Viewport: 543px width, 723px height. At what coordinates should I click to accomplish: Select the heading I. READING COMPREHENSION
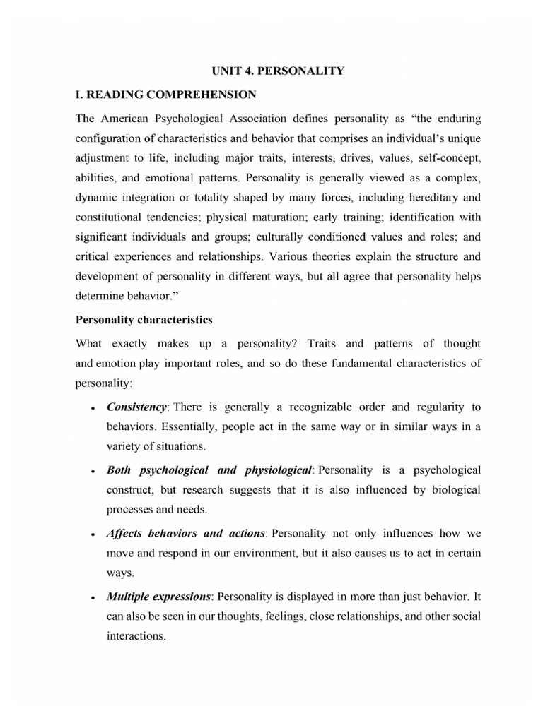166,94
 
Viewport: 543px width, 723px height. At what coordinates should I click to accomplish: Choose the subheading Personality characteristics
144,319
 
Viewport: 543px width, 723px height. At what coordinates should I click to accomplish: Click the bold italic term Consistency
136,407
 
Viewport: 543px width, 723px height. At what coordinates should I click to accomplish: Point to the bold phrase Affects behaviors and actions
186,533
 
